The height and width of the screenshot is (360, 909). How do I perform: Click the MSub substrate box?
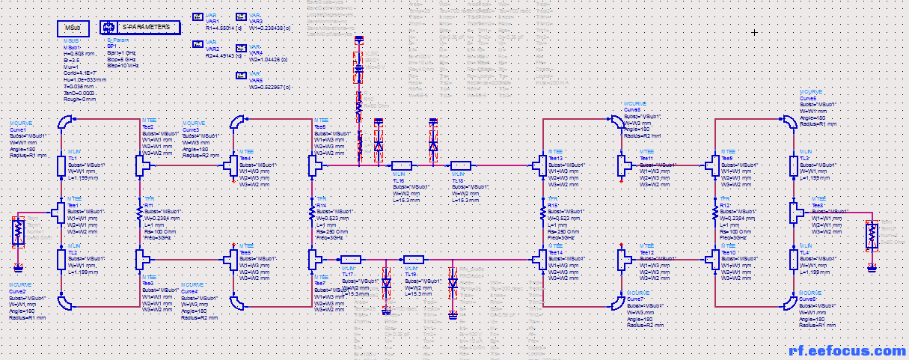[72, 28]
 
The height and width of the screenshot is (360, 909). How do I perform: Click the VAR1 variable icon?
[198, 16]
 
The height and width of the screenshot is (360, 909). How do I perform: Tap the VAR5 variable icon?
[242, 75]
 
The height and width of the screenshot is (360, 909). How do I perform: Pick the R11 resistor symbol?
[139, 213]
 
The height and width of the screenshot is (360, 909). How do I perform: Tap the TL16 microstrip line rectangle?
[401, 165]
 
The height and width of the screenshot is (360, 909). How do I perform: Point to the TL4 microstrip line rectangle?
[795, 258]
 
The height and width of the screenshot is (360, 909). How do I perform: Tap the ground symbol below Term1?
[19, 266]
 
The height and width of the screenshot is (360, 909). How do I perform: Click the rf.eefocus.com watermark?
[848, 350]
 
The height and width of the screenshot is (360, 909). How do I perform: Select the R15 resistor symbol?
[542, 213]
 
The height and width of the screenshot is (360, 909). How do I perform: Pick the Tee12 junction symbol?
[623, 259]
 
